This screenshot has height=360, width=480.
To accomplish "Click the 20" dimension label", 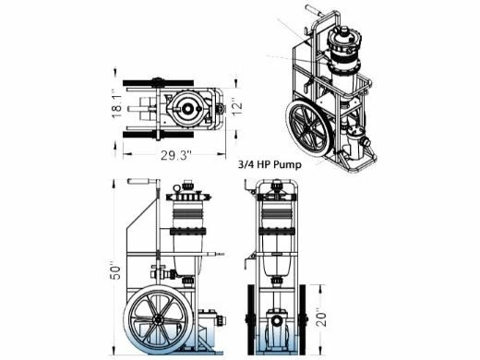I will pos(318,318).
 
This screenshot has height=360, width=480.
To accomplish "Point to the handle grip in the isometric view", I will pos(315,16).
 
